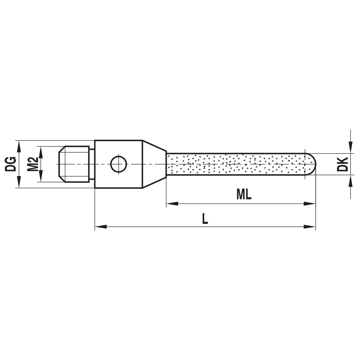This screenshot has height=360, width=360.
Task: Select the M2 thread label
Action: pyautogui.click(x=33, y=164)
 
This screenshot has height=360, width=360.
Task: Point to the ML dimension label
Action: pyautogui.click(x=244, y=195)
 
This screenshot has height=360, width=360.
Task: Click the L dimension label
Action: pyautogui.click(x=205, y=219)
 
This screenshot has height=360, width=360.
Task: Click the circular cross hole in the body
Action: pyautogui.click(x=118, y=164)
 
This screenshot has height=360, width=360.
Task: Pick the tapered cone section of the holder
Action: pyautogui.click(x=154, y=164)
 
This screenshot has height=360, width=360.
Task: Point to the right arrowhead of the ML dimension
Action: pyautogui.click(x=310, y=204)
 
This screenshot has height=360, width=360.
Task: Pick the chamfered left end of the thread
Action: pyautogui.click(x=61, y=164)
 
